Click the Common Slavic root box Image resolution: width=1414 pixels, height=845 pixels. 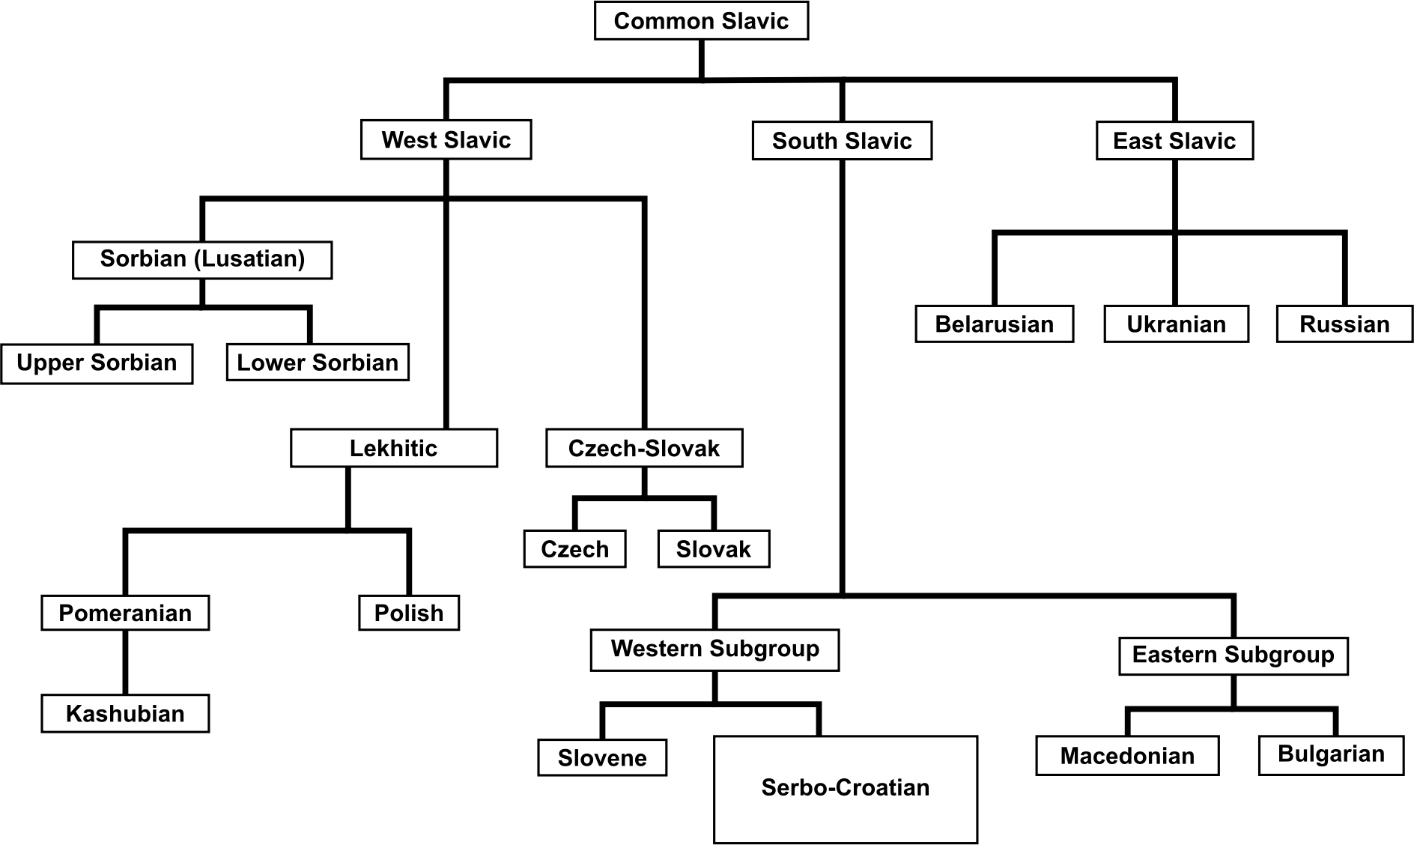tap(701, 21)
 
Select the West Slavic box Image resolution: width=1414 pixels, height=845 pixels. tap(446, 140)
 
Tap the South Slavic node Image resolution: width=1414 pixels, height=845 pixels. tap(842, 141)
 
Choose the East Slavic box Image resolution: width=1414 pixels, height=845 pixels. tap(1174, 141)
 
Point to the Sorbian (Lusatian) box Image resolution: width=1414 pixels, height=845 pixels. tap(202, 259)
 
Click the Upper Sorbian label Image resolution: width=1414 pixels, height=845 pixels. tap(97, 363)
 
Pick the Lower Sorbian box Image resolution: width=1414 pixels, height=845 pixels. tap(318, 363)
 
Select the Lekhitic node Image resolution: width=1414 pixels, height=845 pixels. tap(394, 448)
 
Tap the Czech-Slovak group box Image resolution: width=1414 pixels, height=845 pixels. tap(644, 448)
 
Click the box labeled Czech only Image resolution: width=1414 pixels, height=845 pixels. tap(574, 549)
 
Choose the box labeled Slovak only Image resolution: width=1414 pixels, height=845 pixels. tap(714, 549)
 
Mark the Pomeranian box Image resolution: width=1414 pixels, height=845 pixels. tap(125, 613)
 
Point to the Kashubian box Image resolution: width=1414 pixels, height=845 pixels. tap(125, 713)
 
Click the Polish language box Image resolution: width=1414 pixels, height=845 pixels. tap(409, 613)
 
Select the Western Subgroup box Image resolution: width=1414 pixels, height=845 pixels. tap(714, 649)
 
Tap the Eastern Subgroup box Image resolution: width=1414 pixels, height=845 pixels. tap(1233, 655)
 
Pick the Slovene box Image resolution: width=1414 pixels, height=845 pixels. tap(602, 757)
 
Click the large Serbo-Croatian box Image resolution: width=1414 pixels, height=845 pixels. tap(846, 789)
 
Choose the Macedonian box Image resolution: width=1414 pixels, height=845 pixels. tap(1127, 756)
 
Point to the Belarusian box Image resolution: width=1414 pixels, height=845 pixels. tap(994, 324)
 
